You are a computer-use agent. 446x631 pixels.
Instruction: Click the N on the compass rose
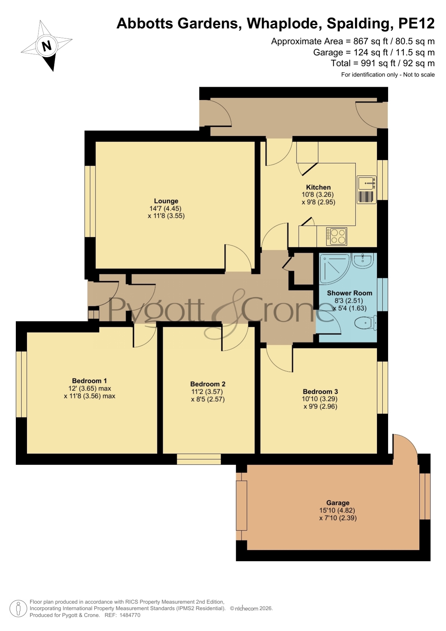tap(47, 46)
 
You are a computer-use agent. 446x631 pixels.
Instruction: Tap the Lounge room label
tap(166, 201)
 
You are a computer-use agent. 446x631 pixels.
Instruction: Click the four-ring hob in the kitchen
tap(337, 236)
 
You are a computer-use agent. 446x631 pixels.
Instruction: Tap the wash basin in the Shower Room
tap(363, 260)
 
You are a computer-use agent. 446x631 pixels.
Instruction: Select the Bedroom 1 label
tap(89, 381)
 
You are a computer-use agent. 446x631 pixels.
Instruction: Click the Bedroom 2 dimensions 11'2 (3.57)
tap(207, 392)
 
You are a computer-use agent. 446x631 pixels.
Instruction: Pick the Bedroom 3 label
tap(320, 392)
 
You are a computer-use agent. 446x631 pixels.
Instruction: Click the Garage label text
tap(338, 503)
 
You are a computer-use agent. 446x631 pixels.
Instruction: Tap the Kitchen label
tap(318, 187)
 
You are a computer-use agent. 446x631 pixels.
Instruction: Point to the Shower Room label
tap(349, 293)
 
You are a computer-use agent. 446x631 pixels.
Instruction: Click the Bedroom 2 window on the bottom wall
tap(199, 459)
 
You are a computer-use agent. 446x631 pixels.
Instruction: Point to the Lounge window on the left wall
tap(90, 201)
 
